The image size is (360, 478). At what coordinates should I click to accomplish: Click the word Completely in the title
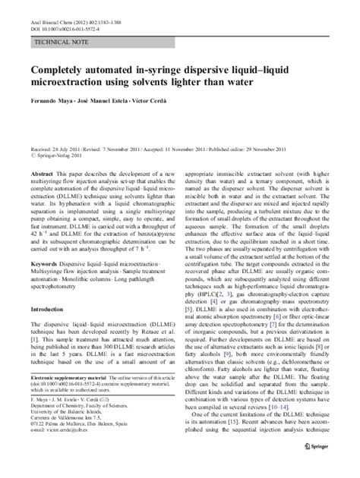pyautogui.click(x=65, y=69)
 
